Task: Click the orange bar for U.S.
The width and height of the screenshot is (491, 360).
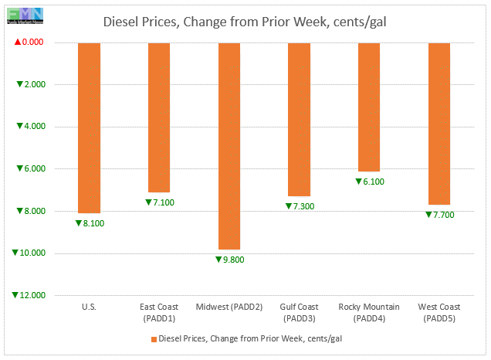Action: point(89,127)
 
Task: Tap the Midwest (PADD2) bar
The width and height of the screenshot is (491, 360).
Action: point(229,146)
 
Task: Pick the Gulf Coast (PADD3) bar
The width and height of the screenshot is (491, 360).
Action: point(299,119)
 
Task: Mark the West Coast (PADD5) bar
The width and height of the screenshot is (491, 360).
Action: point(439,124)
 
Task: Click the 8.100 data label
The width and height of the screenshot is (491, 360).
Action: point(92,223)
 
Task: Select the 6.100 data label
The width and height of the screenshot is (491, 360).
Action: point(372,182)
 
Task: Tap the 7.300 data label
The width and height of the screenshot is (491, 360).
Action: point(302,206)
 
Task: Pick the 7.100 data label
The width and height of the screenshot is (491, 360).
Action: point(162,202)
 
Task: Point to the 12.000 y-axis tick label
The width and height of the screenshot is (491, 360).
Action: point(30,295)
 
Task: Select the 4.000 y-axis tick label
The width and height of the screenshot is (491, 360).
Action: point(33,127)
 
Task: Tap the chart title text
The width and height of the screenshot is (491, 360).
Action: point(245,22)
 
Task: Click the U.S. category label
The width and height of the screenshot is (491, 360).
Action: point(89,307)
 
